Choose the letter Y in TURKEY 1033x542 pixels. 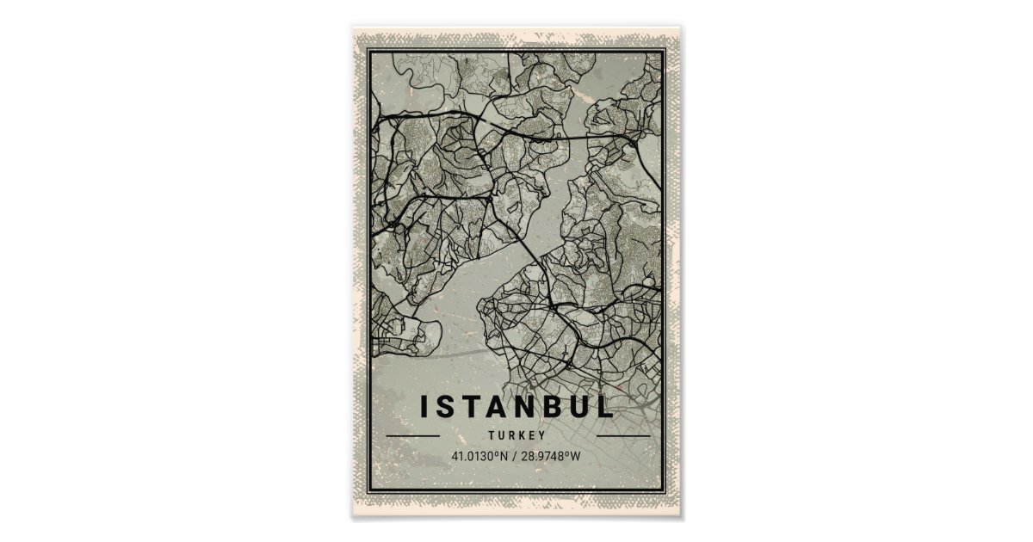[543, 436]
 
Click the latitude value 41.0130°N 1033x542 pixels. [480, 456]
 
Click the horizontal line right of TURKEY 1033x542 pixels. [623, 436]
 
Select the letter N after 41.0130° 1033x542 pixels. [504, 456]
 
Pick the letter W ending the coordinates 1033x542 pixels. [576, 456]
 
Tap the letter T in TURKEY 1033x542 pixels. [491, 436]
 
